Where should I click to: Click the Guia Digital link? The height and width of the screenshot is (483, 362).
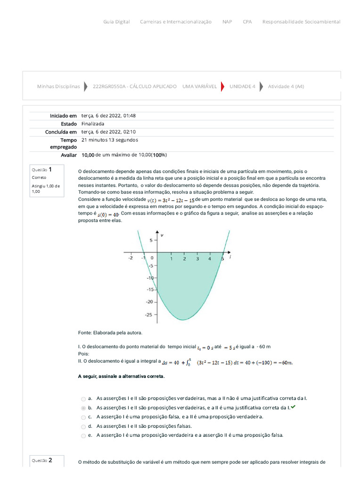[116, 22]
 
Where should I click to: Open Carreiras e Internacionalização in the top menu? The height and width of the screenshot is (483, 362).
[176, 22]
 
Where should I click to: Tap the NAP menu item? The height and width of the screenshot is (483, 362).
[227, 22]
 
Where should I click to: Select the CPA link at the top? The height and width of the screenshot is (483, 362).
[247, 22]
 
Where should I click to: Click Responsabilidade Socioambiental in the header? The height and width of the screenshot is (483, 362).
[301, 22]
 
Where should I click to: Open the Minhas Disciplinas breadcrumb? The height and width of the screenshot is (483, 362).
[58, 86]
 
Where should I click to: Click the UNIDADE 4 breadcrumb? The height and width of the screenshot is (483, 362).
[242, 86]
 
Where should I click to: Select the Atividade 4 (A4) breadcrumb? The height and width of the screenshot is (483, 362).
[286, 86]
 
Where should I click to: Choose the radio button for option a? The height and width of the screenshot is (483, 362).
[83, 399]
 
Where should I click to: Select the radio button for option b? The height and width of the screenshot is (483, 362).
[83, 408]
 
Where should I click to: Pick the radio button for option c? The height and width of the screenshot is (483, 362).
[83, 417]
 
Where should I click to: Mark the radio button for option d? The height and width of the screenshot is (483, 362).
[83, 426]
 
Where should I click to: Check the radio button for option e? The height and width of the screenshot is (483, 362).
[83, 435]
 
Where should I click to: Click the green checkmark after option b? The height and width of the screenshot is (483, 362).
[294, 407]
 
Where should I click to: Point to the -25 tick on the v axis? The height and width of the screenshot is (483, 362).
[149, 314]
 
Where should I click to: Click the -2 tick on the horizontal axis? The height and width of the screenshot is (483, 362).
[130, 258]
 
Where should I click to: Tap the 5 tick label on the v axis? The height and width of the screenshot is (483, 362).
[151, 241]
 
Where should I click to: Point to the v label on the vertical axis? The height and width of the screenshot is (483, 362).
[162, 234]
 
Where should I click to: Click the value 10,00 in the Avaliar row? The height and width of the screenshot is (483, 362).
[88, 155]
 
